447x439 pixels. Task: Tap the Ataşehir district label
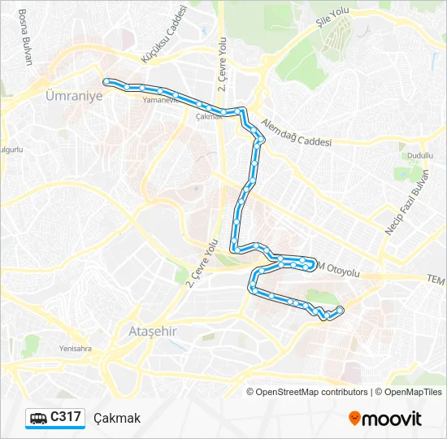[153, 332]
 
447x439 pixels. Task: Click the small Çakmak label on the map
[209, 116]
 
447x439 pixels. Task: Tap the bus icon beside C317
[38, 418]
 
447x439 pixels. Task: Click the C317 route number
[65, 417]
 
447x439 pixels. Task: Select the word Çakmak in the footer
[117, 418]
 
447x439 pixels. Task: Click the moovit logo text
[392, 419]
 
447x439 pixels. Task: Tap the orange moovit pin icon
[354, 418]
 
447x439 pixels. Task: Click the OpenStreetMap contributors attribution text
[312, 392]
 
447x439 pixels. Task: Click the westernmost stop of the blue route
[106, 80]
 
